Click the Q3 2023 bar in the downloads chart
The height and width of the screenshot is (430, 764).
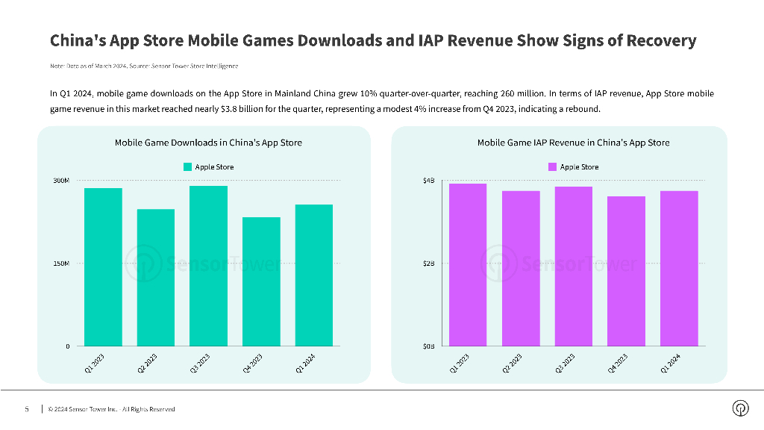coord(208,266)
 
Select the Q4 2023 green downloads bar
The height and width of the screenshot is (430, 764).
coord(261,281)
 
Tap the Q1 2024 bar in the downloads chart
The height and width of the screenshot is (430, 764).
coord(313,275)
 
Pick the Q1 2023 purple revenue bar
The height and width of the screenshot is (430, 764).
coord(468,264)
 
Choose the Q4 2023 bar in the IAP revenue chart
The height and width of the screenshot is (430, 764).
coord(626,271)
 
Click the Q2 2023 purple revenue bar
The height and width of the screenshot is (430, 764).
coord(521,268)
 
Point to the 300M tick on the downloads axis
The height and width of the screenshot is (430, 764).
coord(61,181)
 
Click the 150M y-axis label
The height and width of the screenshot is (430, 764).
coord(61,264)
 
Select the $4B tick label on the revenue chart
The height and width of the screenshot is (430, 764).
coord(428,181)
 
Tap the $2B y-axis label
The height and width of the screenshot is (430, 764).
coord(428,264)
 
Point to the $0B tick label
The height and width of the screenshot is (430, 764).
coord(428,346)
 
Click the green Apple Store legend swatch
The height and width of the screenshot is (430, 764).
coord(187,167)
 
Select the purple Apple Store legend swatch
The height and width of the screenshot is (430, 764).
coord(553,167)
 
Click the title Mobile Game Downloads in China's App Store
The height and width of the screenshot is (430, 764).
coord(208,143)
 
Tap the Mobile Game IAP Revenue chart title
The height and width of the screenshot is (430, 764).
coord(573,143)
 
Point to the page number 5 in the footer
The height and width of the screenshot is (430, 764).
coord(27,409)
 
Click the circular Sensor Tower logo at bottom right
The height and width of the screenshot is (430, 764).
coord(740,408)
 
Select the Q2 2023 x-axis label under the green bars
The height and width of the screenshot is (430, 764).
coord(147,364)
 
